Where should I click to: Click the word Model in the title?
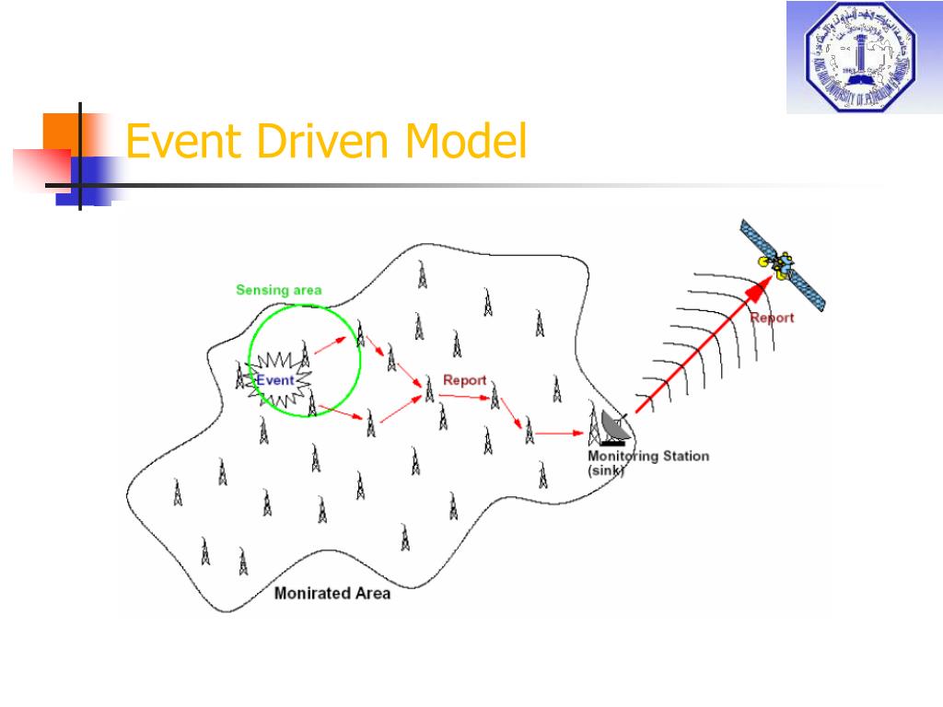(466, 143)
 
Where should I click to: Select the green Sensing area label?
(279, 290)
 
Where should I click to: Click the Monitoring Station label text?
(648, 457)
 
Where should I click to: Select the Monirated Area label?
(332, 593)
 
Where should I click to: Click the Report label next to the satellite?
(772, 318)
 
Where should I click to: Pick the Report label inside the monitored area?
(465, 379)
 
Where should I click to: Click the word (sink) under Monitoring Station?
(607, 470)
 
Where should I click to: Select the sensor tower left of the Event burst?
(240, 376)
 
